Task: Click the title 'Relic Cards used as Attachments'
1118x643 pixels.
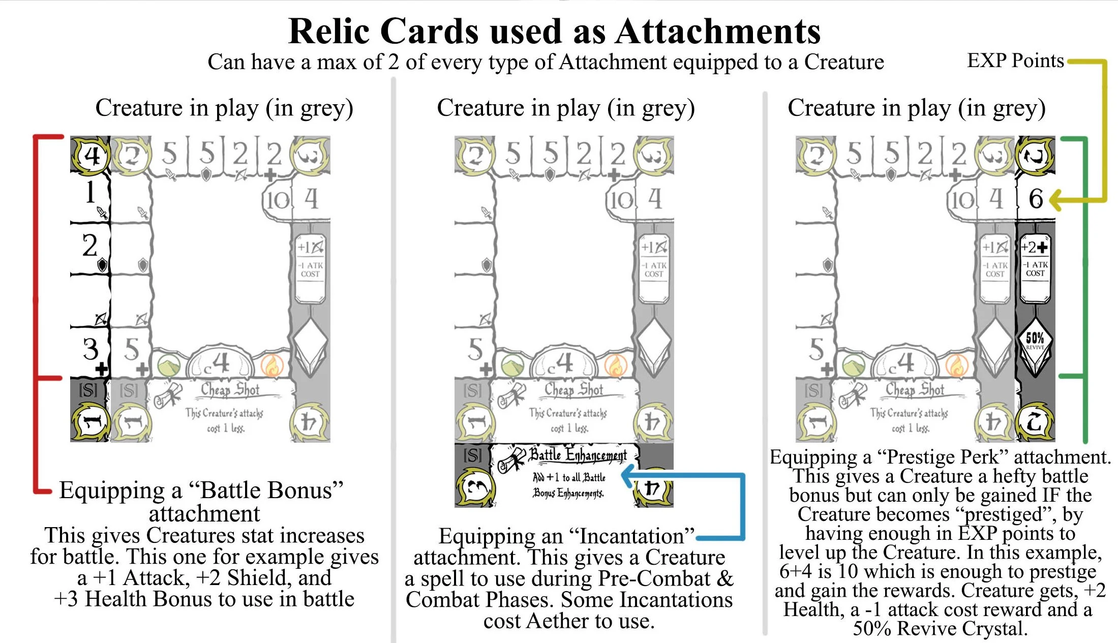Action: tap(554, 32)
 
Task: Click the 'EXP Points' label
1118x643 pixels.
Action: tap(1015, 61)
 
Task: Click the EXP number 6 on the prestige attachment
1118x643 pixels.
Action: tap(1036, 199)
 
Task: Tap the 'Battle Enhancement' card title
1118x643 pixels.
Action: tap(578, 454)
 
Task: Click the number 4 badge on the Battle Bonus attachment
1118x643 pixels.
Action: tap(91, 156)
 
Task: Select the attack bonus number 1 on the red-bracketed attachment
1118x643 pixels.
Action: tap(90, 193)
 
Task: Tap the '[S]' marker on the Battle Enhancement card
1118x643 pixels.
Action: tap(472, 455)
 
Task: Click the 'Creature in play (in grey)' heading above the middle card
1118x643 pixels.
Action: tap(565, 108)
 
